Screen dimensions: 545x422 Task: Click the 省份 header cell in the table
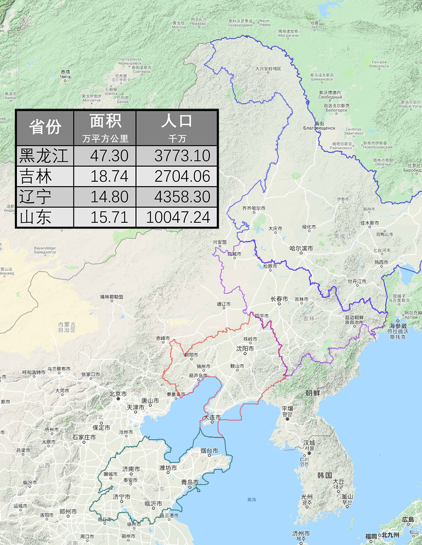click(45, 128)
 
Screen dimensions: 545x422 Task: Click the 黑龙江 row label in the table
click(44, 156)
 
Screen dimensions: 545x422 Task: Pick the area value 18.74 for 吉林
click(109, 176)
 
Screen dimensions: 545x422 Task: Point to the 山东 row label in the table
click(36, 217)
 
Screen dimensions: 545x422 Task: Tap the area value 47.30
click(109, 156)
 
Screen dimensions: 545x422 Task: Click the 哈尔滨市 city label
click(301, 248)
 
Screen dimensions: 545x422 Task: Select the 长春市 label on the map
click(279, 299)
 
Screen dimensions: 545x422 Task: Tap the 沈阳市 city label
click(245, 349)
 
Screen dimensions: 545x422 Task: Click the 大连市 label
click(212, 417)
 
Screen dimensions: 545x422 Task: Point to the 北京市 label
click(118, 394)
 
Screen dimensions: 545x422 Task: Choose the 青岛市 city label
click(190, 482)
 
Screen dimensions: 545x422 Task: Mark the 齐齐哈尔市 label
click(254, 208)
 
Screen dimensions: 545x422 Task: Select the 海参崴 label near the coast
click(398, 326)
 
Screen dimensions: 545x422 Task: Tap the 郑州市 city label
click(68, 511)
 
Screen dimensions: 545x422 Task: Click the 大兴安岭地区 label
click(268, 69)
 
